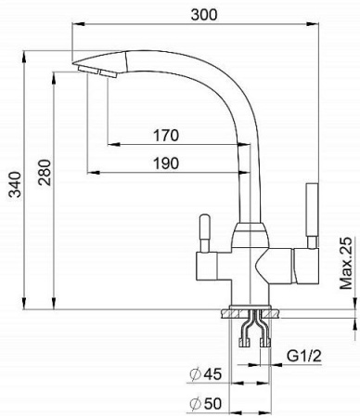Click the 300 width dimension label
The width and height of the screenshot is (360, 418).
pos(204,15)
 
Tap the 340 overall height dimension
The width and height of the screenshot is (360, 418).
pos(15,185)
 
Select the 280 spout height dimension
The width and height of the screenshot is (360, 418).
pos(45,173)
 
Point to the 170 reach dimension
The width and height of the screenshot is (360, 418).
pos(166,136)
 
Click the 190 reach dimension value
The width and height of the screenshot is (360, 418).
pos(166,163)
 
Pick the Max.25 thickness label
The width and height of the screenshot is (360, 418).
pos(346,263)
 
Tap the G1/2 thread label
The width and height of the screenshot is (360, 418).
pos(304,356)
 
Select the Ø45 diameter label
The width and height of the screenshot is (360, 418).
pos(206,374)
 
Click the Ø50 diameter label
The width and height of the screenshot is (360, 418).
pos(206,403)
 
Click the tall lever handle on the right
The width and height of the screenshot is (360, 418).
pos(312,216)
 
